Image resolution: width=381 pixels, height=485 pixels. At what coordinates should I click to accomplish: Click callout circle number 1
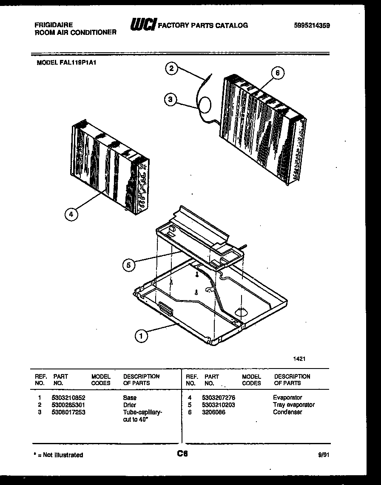coord(141,336)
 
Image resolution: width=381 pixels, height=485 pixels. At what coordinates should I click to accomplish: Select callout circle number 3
coord(171,100)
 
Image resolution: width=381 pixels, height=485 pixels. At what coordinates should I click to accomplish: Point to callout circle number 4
coord(71,215)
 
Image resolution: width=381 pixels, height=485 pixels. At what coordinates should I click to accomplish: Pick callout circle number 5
coord(129,265)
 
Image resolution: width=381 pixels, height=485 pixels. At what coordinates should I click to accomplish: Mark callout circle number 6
coord(277,73)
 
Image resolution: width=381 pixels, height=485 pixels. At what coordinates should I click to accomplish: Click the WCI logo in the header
coord(143,25)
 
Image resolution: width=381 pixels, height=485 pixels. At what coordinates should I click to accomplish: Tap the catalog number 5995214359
coord(312,26)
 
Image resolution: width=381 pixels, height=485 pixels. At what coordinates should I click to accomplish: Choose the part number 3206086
coord(214,412)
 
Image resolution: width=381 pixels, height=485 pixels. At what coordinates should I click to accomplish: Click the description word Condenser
coord(288,412)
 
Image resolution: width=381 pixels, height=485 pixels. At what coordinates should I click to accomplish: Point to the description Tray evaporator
coord(293,405)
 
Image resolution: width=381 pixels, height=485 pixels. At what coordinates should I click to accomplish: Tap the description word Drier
coord(129,405)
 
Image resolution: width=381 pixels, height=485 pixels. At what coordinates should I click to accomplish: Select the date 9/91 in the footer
coord(323,454)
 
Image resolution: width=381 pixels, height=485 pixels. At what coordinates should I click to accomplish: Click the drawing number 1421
coord(299,359)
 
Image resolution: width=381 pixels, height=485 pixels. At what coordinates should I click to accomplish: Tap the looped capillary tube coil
coord(205,105)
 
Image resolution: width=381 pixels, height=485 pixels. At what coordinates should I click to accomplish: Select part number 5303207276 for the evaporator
coord(219,397)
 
